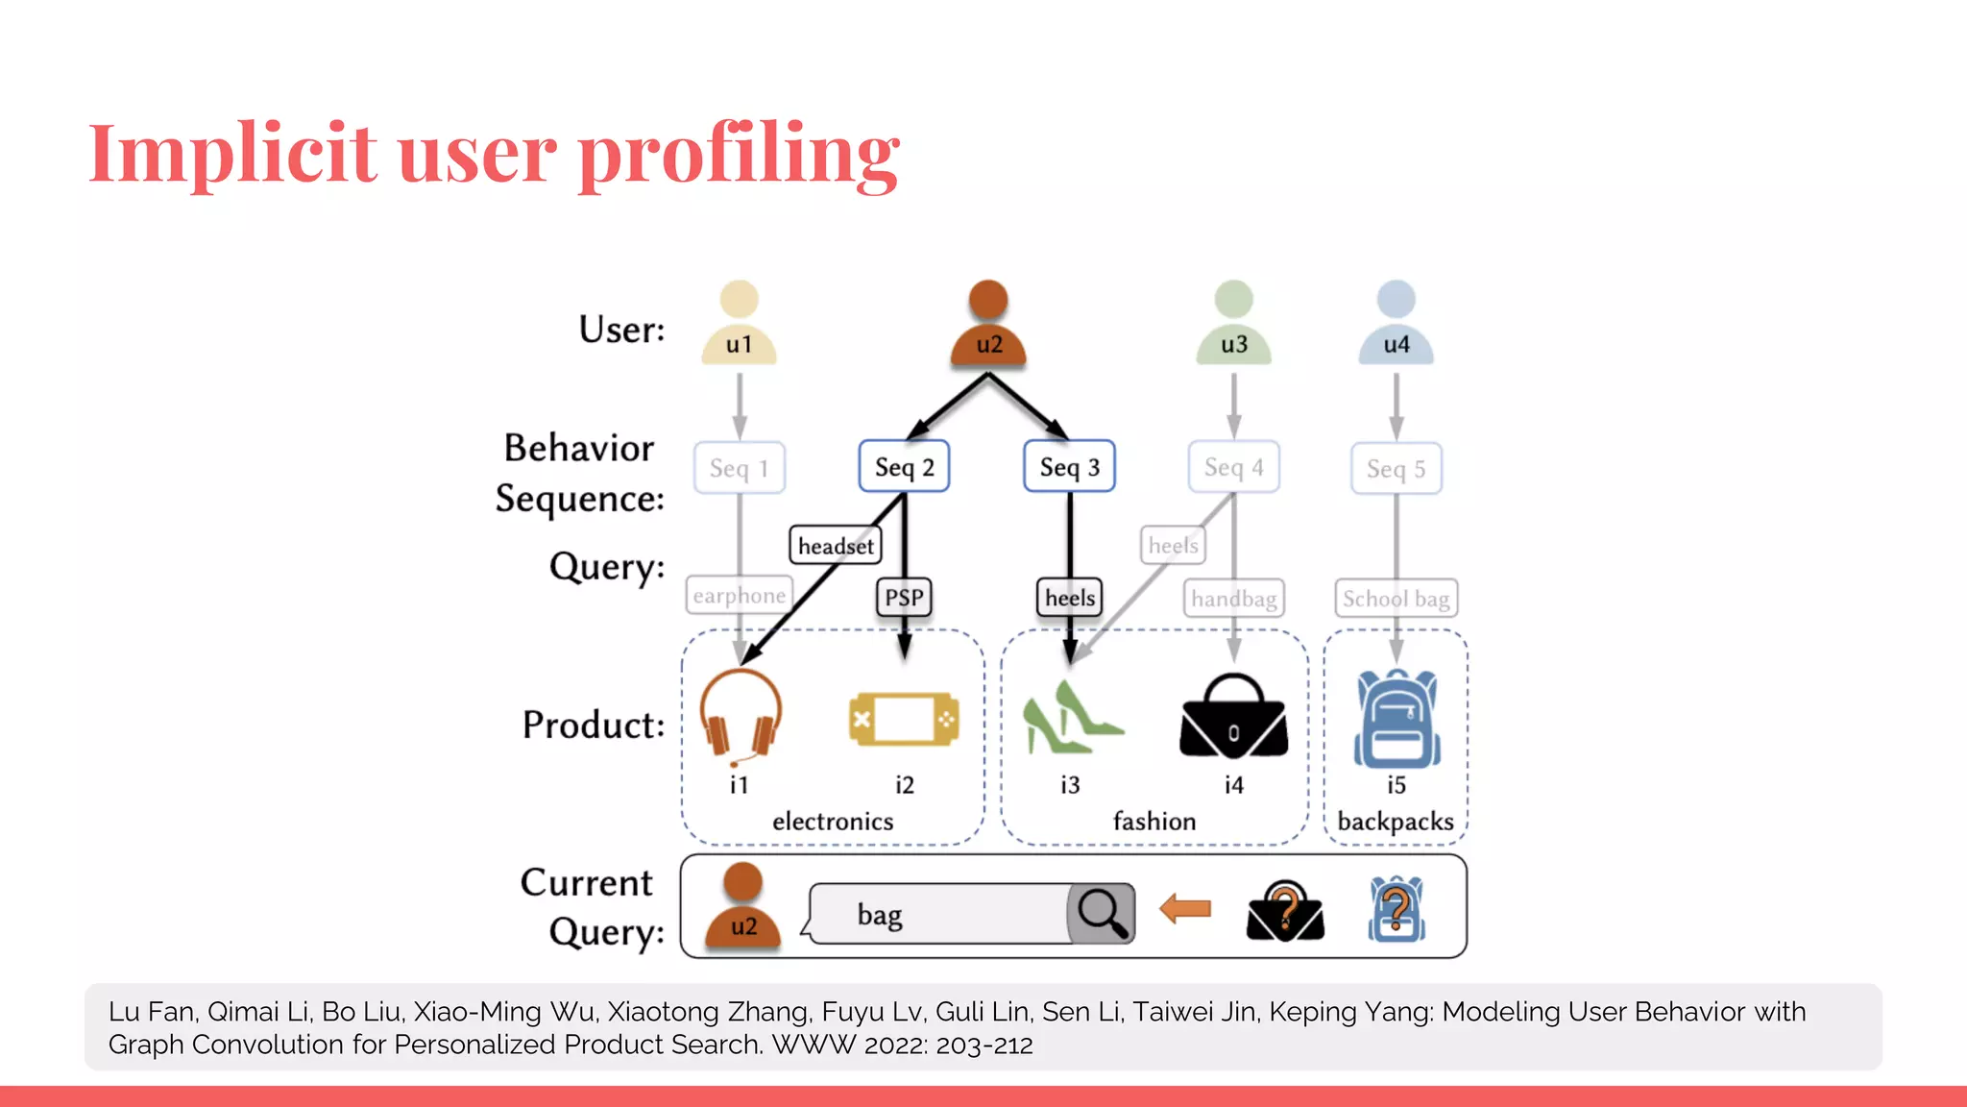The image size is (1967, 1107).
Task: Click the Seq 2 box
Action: click(904, 467)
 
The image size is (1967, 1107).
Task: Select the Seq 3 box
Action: click(1069, 467)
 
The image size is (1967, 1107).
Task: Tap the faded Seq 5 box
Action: click(1396, 469)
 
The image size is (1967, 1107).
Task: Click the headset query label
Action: click(835, 546)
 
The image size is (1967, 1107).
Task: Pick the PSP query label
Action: click(904, 598)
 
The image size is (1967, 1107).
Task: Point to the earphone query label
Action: click(739, 596)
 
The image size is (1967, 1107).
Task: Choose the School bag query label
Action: click(1396, 599)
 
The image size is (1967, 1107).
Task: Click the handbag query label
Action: click(1233, 599)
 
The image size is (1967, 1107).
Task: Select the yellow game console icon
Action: click(904, 719)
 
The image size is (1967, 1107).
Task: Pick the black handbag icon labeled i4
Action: click(1233, 717)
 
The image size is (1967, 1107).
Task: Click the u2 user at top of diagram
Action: click(988, 325)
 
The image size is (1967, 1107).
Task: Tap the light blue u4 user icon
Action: click(1396, 325)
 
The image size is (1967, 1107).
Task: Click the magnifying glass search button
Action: click(1102, 913)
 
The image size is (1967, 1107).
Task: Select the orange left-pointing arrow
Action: click(1185, 908)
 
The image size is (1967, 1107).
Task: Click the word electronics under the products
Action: click(833, 822)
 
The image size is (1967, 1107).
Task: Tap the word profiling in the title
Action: click(739, 154)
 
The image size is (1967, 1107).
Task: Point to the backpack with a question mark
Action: click(1396, 909)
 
